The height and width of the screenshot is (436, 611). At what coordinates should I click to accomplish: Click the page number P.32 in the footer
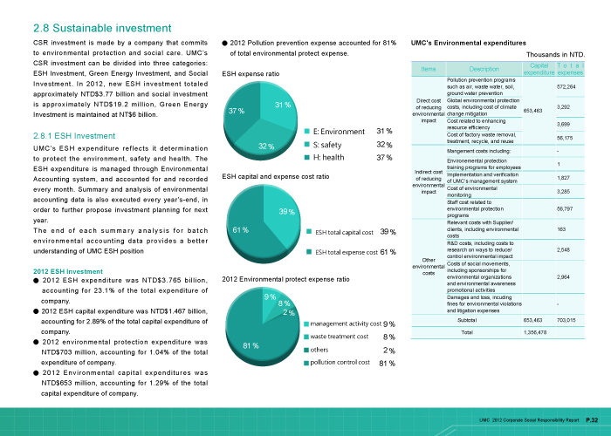point(592,421)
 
